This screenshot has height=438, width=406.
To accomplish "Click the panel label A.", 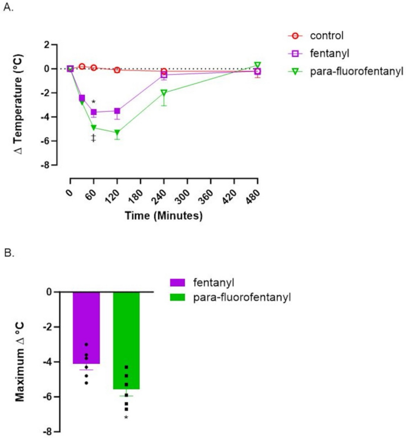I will point(8,9).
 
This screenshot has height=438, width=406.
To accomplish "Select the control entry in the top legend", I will point(327,35).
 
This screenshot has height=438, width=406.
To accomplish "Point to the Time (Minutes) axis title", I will point(164,216).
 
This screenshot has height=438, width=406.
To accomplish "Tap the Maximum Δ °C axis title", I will point(21,352).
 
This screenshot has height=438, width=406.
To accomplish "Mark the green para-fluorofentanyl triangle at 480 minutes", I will point(258,65).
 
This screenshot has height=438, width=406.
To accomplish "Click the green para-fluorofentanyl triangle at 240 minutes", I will point(164,92).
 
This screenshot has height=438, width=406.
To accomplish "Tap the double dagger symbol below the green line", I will point(93,138).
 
